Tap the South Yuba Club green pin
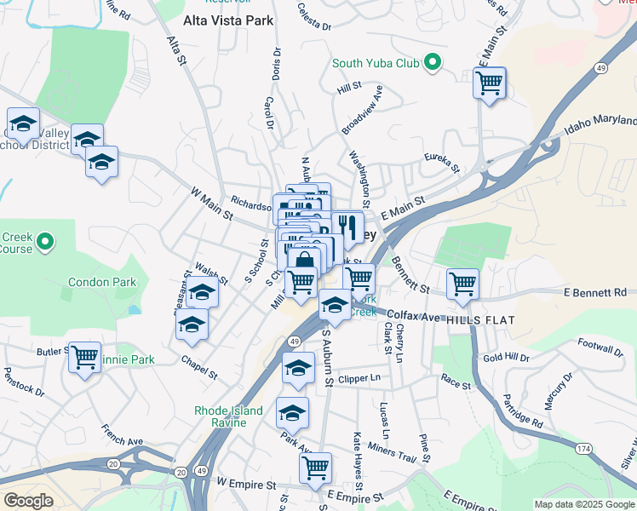coord(433,62)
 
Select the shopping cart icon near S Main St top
coord(489,83)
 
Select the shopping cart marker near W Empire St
coord(315,468)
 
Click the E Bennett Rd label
coord(594,293)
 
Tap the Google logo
coord(28,501)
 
